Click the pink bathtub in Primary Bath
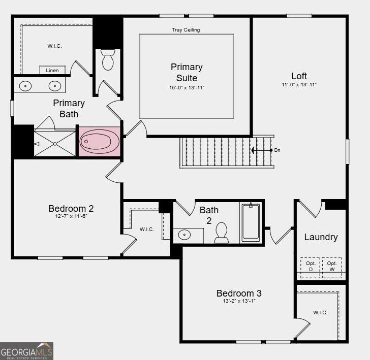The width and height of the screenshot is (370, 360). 99,142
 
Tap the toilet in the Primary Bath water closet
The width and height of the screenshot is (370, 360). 108,59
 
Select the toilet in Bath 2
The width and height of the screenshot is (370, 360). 222,233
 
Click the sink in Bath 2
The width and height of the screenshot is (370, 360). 184,235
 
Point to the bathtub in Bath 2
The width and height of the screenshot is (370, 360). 251,221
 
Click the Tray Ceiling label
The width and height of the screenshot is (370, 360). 186,30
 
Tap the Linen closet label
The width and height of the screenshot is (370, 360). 52,70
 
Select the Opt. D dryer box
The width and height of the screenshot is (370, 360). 311,268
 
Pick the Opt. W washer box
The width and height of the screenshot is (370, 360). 332,268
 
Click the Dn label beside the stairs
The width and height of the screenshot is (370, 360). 277,150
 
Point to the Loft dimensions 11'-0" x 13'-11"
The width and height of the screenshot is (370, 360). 299,85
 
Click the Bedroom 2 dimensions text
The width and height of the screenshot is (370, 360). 71,216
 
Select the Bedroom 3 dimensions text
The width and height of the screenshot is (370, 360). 239,301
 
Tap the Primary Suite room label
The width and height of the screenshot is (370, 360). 187,73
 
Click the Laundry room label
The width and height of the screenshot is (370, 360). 321,238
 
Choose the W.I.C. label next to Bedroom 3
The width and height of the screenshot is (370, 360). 320,313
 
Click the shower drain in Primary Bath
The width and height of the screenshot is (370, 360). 55,144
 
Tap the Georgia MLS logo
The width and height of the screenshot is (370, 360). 26,351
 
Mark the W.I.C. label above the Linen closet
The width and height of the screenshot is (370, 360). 54,46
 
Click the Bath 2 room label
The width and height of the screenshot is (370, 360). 209,215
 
